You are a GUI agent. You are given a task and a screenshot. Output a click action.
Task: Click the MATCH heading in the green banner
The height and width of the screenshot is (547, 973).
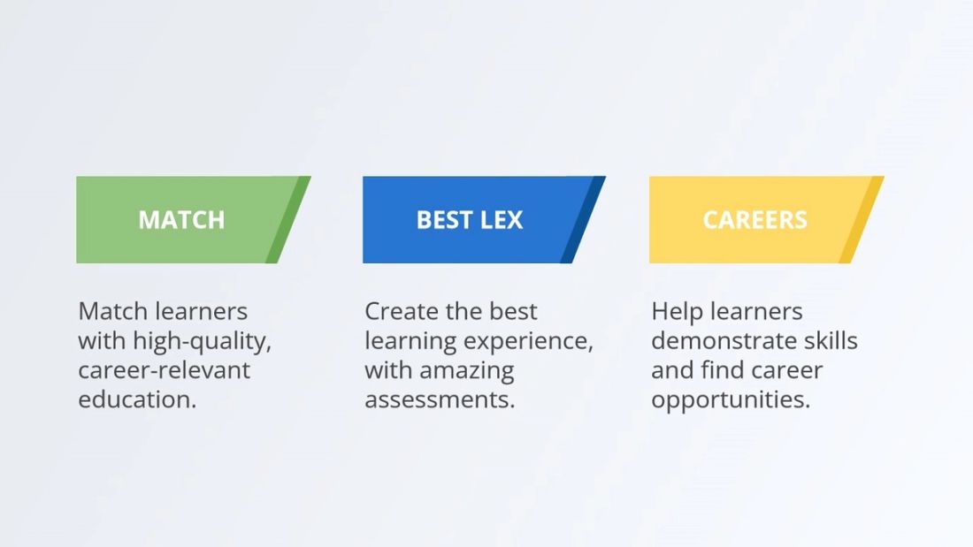pyautogui.click(x=181, y=220)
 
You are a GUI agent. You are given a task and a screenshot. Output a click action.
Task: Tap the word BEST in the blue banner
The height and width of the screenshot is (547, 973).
pyautogui.click(x=443, y=220)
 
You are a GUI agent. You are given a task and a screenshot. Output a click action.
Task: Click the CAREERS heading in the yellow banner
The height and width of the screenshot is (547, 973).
pyautogui.click(x=755, y=220)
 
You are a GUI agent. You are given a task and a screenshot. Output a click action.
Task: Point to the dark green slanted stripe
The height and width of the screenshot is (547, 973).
pyautogui.click(x=288, y=220)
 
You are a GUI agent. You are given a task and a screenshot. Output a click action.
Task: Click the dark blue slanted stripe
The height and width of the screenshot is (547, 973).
pyautogui.click(x=583, y=220)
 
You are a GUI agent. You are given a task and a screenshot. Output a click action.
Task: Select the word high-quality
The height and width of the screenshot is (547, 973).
pyautogui.click(x=202, y=341)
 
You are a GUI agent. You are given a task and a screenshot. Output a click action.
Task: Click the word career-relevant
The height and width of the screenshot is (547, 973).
pyautogui.click(x=165, y=370)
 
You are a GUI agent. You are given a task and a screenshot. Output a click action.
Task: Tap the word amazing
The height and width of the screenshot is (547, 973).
pyautogui.click(x=469, y=370)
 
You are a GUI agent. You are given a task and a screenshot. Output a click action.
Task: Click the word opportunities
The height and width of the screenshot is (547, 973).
pyautogui.click(x=731, y=399)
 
